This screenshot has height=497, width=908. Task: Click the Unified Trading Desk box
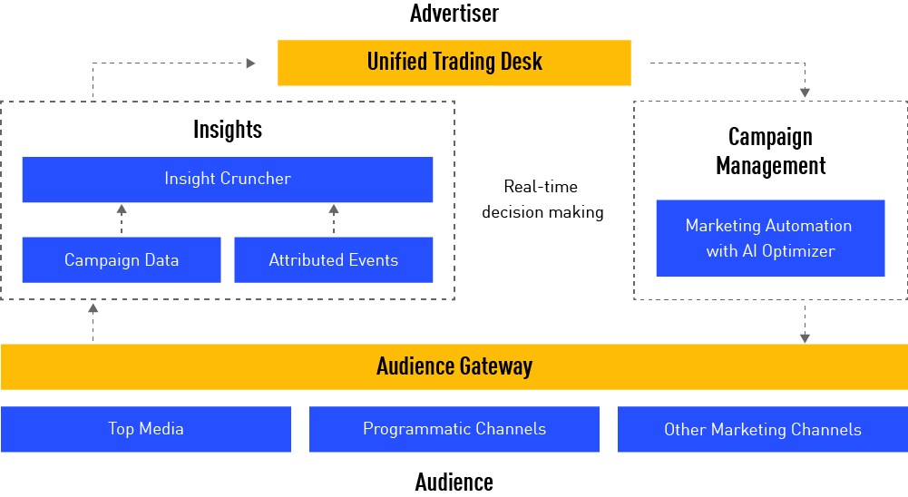click(x=454, y=63)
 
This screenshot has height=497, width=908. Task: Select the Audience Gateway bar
click(x=454, y=366)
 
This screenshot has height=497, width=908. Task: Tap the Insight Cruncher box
click(x=227, y=180)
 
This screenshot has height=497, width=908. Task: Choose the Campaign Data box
click(x=121, y=260)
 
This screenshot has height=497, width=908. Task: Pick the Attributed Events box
click(x=333, y=260)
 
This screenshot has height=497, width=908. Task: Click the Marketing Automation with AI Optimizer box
click(x=769, y=239)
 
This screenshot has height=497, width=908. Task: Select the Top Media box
click(x=146, y=429)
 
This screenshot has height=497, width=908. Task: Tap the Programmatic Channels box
click(x=454, y=429)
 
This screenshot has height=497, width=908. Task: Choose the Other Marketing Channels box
click(x=762, y=429)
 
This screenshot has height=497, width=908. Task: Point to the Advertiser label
click(x=454, y=14)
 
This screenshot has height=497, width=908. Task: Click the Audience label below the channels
click(x=454, y=482)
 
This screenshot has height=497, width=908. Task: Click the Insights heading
click(x=227, y=130)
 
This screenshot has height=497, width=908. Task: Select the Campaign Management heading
click(x=770, y=151)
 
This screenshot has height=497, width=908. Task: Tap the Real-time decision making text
click(x=542, y=200)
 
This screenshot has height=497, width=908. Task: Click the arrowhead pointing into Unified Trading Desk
click(x=251, y=63)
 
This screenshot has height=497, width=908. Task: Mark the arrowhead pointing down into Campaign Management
click(x=805, y=93)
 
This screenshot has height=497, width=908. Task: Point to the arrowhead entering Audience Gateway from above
click(x=805, y=337)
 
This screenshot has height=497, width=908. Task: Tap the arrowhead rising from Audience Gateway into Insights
click(x=93, y=308)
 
